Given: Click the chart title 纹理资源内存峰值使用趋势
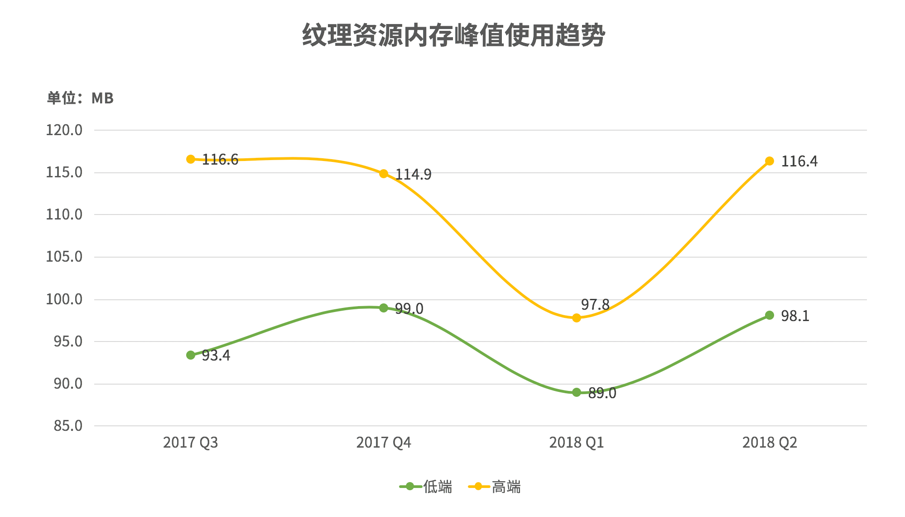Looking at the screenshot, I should point(453,35).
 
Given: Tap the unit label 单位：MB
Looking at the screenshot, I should point(80,98).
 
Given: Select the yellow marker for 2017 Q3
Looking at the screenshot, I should point(191,159).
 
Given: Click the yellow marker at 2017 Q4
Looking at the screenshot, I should point(384,174).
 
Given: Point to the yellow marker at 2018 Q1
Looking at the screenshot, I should point(577,318).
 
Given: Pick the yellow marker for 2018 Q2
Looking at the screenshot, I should point(770,161).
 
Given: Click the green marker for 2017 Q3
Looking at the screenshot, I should point(191,355).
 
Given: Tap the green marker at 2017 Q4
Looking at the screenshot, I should point(384,308).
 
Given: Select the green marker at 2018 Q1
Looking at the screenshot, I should point(577,392).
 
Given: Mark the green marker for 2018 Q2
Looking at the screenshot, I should point(770,315).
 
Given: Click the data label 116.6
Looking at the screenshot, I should point(220,160).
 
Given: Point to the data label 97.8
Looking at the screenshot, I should point(595,305).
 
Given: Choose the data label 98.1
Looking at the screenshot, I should point(795,316).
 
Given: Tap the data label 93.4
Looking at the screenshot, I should point(216,356).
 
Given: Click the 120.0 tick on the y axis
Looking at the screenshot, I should point(64,130).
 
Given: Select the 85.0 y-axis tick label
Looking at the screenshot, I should point(68,426).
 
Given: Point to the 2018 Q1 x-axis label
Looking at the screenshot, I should point(577,443).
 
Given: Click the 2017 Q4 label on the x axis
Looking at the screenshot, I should point(384,443).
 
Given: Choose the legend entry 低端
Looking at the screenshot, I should point(426,487).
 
